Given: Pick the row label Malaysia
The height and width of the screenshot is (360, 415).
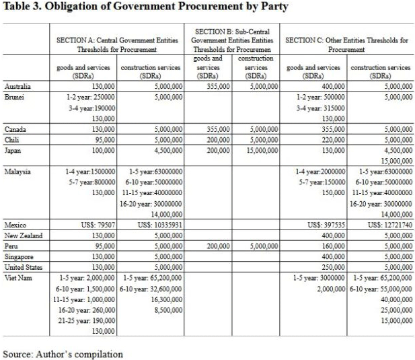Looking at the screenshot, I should (x=18, y=172).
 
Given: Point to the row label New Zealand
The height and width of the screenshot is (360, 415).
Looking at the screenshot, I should (x=24, y=236).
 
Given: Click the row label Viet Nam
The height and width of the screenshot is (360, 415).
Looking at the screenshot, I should (x=18, y=277).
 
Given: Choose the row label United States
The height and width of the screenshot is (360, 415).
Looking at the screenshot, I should (x=26, y=267).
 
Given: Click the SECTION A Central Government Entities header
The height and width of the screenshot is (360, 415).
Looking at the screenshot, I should (x=117, y=44).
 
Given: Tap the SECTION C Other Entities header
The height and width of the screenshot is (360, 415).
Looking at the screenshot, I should (x=346, y=44).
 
